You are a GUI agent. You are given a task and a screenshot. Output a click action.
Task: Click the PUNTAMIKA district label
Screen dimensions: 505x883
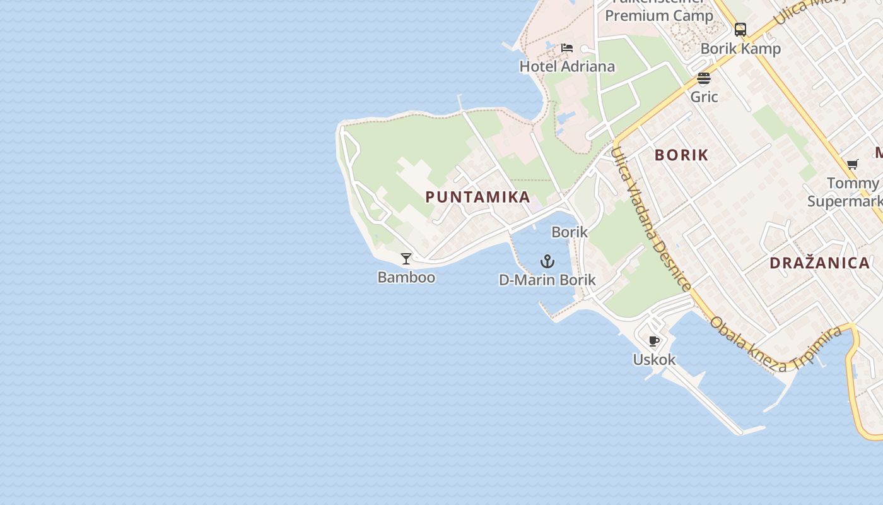pos(477,197)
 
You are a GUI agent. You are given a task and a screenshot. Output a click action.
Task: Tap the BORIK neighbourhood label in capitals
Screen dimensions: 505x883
pos(681,155)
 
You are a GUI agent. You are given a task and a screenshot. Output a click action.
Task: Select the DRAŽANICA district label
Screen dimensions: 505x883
pos(819,263)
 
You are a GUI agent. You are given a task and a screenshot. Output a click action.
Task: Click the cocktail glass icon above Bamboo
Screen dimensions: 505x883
pos(406,259)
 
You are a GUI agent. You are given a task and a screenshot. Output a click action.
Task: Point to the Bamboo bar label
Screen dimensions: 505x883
pos(406,277)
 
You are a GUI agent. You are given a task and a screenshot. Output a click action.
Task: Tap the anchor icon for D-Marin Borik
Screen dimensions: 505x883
pos(547,261)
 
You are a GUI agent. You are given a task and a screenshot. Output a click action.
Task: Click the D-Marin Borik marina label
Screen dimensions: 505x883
pos(547,280)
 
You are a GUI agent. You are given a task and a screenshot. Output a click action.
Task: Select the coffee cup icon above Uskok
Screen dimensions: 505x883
pos(654,342)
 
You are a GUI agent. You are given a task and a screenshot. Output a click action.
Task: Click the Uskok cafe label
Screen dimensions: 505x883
pos(654,360)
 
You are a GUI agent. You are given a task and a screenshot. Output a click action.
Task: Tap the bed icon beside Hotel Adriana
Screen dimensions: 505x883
pos(567,48)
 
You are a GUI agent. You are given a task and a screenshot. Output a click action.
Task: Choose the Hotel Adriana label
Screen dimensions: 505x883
pos(567,66)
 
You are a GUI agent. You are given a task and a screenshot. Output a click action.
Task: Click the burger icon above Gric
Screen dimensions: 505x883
pos(704,78)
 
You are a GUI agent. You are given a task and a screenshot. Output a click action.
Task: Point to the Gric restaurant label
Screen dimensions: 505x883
pos(704,97)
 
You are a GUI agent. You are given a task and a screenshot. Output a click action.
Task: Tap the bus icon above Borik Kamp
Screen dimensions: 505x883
pos(740,30)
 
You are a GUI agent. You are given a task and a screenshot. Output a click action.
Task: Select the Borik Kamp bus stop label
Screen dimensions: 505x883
pos(740,49)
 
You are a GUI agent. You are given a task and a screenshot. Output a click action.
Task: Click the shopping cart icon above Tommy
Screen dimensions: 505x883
pos(853,165)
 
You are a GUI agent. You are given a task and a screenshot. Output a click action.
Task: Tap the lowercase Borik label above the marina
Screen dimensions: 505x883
pos(570,232)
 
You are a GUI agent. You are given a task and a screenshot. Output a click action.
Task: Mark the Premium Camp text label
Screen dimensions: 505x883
pos(659,15)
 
